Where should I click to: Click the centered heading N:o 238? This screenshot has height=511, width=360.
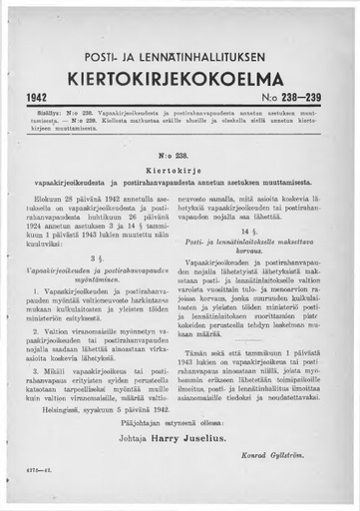pos(180,158)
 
